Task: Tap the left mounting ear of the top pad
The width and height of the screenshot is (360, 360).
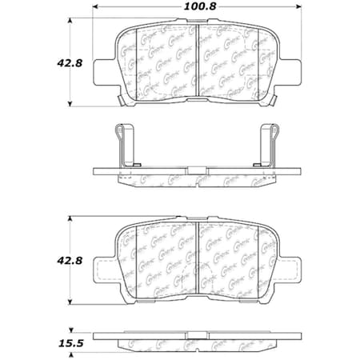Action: [104, 70]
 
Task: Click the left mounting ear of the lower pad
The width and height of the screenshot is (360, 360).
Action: [104, 270]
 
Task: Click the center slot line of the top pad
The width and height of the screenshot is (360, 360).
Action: [198, 64]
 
